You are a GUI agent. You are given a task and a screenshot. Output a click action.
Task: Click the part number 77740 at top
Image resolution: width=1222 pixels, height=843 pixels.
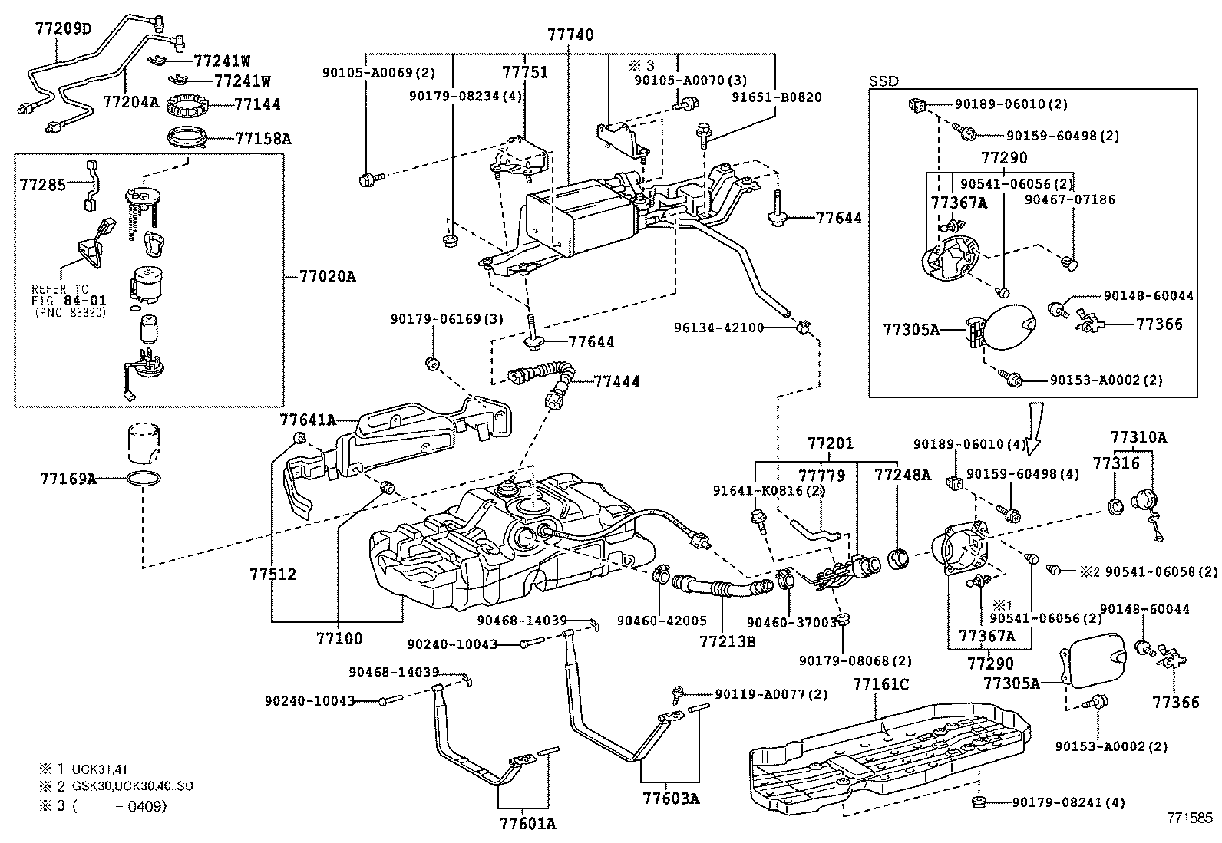click(x=570, y=35)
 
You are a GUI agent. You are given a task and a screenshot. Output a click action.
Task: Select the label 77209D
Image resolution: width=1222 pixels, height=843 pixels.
click(x=62, y=29)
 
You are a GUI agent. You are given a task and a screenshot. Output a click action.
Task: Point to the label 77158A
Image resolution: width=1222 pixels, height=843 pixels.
click(x=263, y=139)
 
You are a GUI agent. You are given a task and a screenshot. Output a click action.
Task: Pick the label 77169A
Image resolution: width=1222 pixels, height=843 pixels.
click(x=68, y=479)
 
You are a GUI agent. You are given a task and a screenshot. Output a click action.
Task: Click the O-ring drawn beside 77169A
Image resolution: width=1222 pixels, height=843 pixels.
click(x=143, y=480)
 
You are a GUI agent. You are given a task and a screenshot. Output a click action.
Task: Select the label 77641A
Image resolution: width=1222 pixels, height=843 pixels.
click(x=308, y=420)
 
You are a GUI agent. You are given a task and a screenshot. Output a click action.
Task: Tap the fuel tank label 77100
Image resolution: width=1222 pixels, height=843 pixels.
click(x=339, y=637)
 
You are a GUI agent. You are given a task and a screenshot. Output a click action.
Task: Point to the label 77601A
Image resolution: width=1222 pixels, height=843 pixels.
click(x=527, y=824)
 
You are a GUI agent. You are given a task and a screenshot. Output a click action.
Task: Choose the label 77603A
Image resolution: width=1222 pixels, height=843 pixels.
click(x=671, y=798)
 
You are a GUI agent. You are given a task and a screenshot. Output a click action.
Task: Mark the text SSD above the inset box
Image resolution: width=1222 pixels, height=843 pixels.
click(x=883, y=81)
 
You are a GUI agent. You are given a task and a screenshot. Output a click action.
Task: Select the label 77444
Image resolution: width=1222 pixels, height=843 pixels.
click(x=616, y=381)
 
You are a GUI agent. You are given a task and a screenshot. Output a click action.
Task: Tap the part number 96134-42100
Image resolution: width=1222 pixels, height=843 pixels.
click(x=718, y=328)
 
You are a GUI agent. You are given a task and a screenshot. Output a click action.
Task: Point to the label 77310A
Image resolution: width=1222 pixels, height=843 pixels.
click(x=1138, y=438)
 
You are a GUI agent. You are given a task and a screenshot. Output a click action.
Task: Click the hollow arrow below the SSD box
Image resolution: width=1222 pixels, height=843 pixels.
click(x=1032, y=425)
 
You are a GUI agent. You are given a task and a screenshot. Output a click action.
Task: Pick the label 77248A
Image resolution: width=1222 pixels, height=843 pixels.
click(x=902, y=475)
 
